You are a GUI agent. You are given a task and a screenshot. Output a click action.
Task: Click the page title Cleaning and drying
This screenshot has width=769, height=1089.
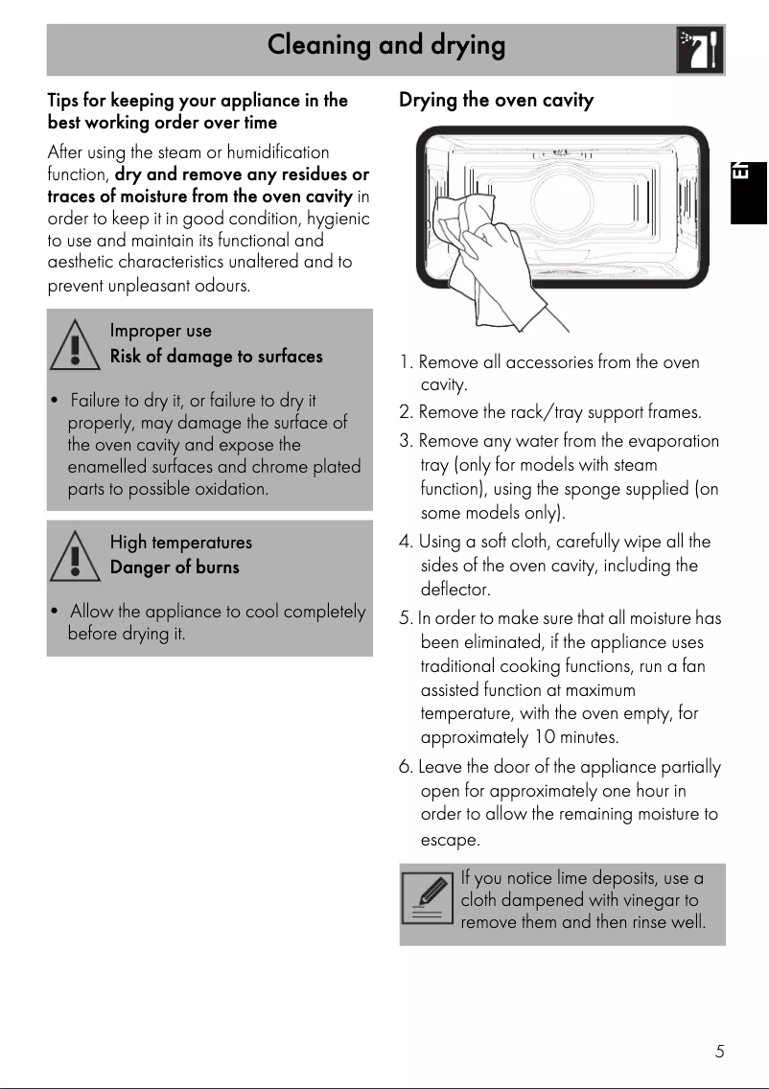pos(385,45)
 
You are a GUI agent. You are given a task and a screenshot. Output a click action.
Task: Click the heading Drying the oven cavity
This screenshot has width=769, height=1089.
pos(496,101)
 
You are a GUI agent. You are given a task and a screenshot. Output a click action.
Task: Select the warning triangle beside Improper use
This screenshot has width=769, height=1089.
pos(72,344)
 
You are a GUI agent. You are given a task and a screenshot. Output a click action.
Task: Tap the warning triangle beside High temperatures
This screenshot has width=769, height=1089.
pos(72,556)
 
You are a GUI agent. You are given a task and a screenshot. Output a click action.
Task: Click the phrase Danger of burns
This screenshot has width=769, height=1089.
pos(175,568)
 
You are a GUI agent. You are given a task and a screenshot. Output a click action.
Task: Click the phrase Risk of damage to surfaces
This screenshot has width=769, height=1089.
pos(216,357)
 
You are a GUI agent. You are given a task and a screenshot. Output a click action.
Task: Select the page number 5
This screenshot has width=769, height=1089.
pos(719,1052)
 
